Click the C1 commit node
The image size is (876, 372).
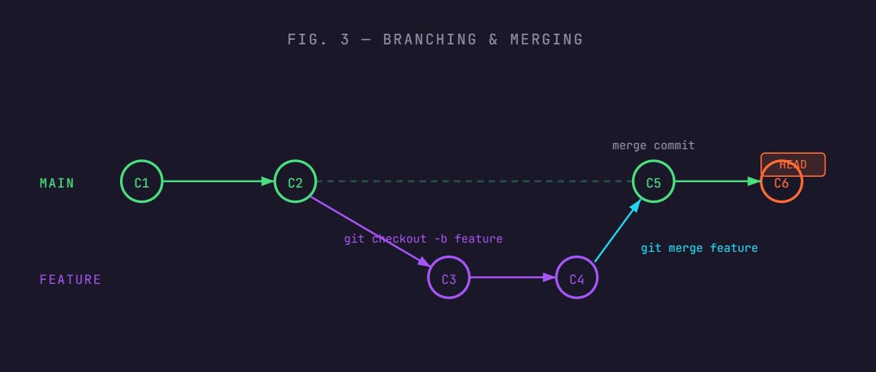142,181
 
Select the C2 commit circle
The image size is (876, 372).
295,181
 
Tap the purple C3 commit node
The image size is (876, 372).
448,278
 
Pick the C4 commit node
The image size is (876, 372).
577,278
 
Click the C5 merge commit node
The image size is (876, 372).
653,181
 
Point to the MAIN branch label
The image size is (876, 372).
57,183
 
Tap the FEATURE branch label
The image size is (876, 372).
70,279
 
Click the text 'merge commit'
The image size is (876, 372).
653,145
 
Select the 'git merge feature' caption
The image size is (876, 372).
699,248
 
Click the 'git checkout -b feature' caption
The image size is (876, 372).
423,239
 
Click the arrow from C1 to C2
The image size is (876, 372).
218,181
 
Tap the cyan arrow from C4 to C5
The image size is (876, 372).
617,230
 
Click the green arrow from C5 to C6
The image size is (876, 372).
718,181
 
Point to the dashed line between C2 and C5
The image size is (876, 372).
474,181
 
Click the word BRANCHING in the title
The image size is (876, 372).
429,39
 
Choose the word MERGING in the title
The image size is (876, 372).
544,39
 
